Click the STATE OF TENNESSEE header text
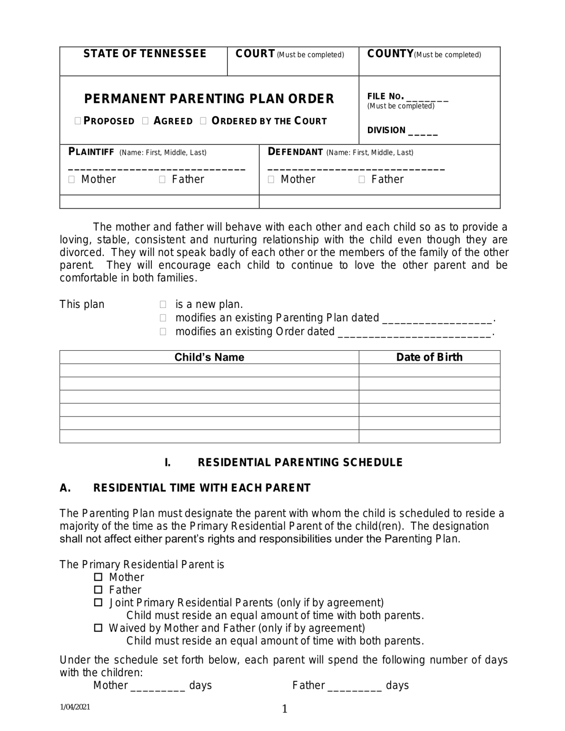coord(145,54)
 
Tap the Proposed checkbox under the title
coord(78,121)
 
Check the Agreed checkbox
coord(146,121)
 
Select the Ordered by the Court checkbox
coord(203,121)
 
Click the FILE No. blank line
coord(427,99)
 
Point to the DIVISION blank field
coord(423,133)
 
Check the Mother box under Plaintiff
coord(72,180)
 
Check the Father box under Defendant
coord(362,180)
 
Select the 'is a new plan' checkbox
coord(163,305)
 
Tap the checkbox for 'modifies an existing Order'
coord(163,332)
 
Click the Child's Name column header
coord(209,357)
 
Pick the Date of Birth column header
coord(429,357)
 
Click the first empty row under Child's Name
coord(209,371)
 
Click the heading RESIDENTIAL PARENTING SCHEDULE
coord(300,463)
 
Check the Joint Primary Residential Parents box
coord(99,603)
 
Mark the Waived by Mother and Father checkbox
coord(99,628)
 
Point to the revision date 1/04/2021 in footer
coord(75,707)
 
